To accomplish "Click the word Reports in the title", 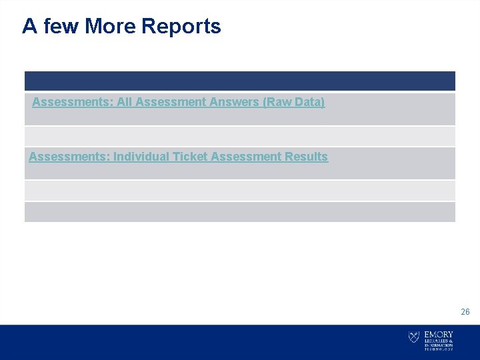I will tap(181, 27).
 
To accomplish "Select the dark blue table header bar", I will tap(240, 81).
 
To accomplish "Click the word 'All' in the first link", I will tap(125, 103).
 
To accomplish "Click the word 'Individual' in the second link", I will tap(140, 157).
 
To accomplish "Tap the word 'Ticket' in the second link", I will tap(189, 157).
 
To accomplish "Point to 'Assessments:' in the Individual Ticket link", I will tap(69, 157).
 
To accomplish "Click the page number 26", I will tap(465, 312).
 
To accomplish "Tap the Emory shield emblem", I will tap(414, 337).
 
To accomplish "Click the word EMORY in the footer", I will tap(439, 334).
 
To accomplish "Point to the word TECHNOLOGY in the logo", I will tap(439, 349).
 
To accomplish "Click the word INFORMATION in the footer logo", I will tap(439, 345).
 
